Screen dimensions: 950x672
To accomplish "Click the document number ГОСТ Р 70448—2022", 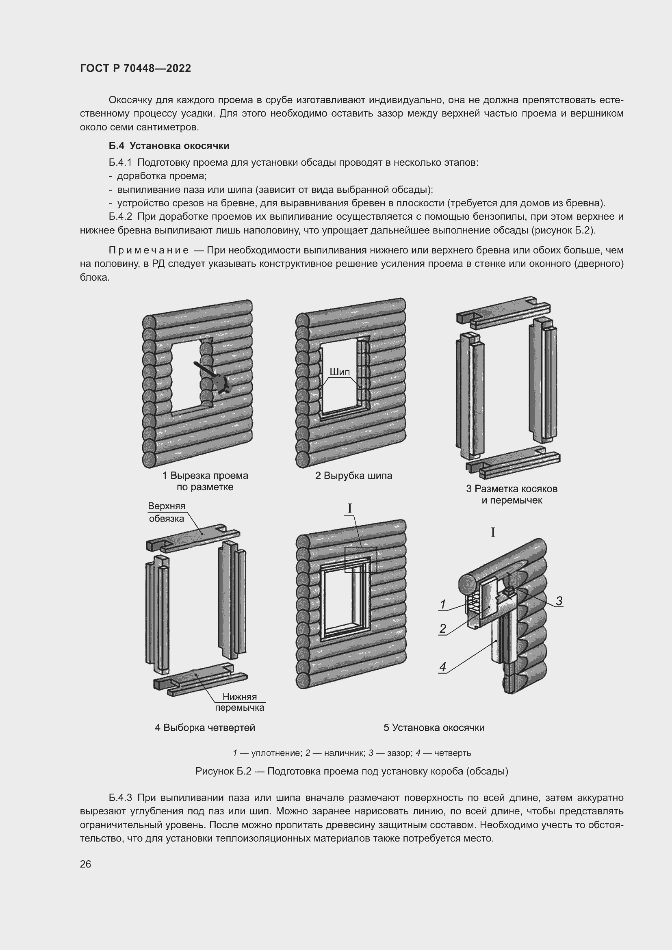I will [x=135, y=68].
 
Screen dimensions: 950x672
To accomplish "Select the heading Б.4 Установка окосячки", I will [x=169, y=146].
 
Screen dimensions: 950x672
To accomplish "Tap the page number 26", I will [x=86, y=864].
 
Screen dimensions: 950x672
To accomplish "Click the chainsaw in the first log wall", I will [x=217, y=379].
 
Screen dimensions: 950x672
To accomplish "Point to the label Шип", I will [x=340, y=372].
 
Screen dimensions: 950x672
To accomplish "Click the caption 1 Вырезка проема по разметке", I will [x=205, y=481].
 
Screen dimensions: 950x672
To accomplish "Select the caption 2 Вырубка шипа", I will [x=353, y=476].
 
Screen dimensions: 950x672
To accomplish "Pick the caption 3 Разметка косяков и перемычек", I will [x=512, y=494].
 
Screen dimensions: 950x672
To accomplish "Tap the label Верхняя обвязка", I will [x=167, y=512].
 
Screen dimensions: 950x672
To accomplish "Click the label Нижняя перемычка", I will [x=240, y=702].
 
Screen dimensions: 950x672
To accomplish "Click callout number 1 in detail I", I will [x=443, y=605].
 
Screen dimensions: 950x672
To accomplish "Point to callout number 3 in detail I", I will [x=559, y=601].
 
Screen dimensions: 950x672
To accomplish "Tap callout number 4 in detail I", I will [x=443, y=667].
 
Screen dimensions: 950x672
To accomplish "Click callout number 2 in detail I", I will [x=443, y=629].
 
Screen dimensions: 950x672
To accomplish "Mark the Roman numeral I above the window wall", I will [x=350, y=508].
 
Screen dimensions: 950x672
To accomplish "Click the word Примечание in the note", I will [x=149, y=250].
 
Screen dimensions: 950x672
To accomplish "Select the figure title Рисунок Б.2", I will [x=352, y=771].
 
